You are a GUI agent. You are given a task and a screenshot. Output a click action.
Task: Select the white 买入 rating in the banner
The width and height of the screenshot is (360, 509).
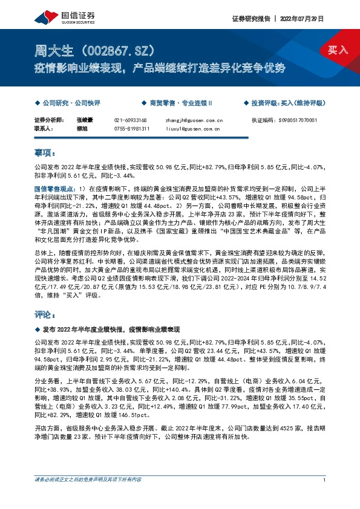pyautogui.click(x=338, y=50)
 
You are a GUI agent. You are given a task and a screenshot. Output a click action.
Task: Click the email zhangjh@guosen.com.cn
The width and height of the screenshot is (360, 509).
pyautogui.click(x=194, y=121)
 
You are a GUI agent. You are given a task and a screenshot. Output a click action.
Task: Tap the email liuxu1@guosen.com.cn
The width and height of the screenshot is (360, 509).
pyautogui.click(x=193, y=129)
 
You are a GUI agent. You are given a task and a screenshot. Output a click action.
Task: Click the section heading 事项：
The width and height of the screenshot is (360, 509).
pyautogui.click(x=45, y=154)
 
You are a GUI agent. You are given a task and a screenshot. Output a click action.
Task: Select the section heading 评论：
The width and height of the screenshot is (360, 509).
pyautogui.click(x=45, y=315)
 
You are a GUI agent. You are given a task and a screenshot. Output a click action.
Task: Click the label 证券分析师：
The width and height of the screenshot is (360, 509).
pyautogui.click(x=49, y=121)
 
